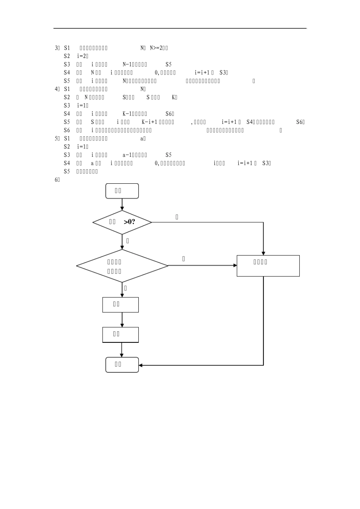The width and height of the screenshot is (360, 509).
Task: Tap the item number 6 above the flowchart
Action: point(56,180)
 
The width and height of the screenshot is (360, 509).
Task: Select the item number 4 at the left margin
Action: point(56,89)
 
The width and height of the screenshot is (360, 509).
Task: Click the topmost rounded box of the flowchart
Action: point(122,191)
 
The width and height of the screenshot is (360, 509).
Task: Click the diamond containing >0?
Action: point(122,222)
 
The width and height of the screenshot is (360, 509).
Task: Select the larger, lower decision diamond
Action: point(122,266)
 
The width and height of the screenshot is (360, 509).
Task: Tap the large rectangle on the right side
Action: point(268,266)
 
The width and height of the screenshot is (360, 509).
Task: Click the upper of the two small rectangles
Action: point(121,304)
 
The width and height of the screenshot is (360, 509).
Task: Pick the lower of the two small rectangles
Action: point(121,335)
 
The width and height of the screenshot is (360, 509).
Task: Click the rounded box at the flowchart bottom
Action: point(122,365)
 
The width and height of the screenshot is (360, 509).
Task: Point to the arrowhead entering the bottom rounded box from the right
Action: point(141,365)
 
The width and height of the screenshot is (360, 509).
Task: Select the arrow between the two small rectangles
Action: point(122,320)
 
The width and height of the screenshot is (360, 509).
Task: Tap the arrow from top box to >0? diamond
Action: point(122,205)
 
